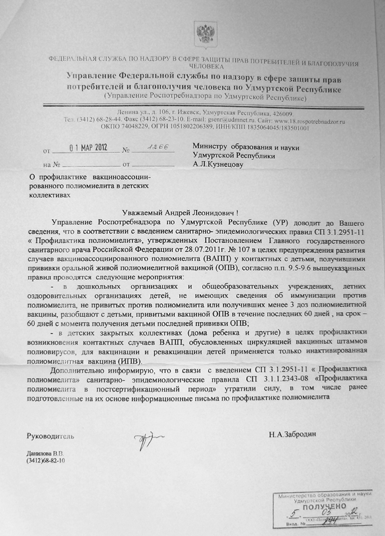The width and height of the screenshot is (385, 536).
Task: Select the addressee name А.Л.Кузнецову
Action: [217, 164]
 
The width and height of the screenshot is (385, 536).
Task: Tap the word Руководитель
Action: [50, 436]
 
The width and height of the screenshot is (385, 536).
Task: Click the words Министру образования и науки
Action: [245, 147]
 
